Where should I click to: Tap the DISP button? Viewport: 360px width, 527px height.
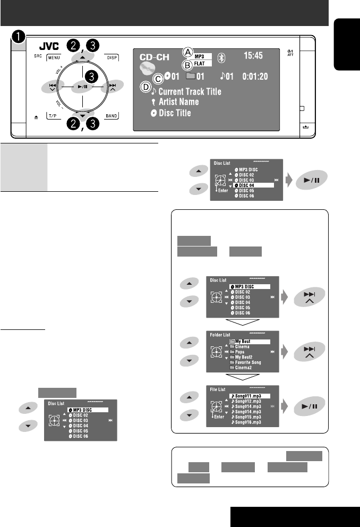(x=112, y=57)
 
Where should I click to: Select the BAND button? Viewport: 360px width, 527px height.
(x=112, y=114)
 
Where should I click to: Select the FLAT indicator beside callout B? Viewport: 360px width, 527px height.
(x=203, y=64)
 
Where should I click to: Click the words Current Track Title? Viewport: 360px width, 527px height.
(x=187, y=91)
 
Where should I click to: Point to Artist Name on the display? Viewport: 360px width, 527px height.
(x=176, y=101)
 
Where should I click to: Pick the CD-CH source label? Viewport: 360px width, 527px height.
(x=157, y=55)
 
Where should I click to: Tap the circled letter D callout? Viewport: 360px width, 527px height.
(x=144, y=86)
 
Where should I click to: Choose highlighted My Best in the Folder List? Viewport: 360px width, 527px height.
(x=250, y=342)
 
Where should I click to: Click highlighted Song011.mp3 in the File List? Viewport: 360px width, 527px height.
(x=250, y=396)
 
